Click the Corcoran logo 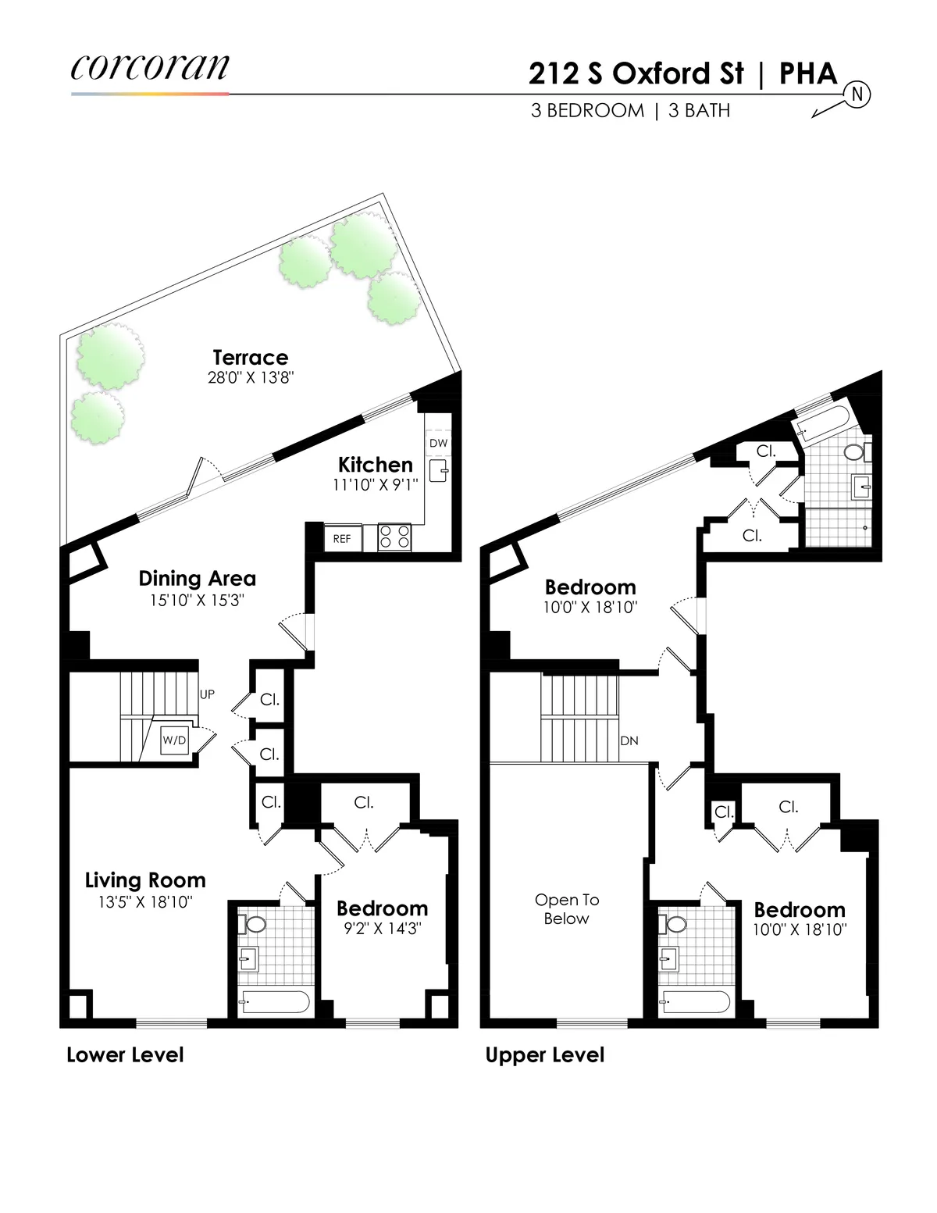pyautogui.click(x=150, y=68)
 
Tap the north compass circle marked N pyautogui.click(x=857, y=95)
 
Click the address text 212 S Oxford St pyautogui.click(x=636, y=73)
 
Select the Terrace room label pyautogui.click(x=251, y=358)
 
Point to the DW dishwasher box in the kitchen pyautogui.click(x=438, y=443)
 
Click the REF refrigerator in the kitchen pyautogui.click(x=342, y=538)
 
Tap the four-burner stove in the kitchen pyautogui.click(x=394, y=537)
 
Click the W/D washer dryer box pyautogui.click(x=174, y=740)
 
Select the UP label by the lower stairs pyautogui.click(x=207, y=694)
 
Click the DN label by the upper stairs pyautogui.click(x=629, y=740)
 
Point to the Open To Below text pyautogui.click(x=567, y=909)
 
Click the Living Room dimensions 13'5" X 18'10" pyautogui.click(x=145, y=902)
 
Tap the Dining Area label pyautogui.click(x=197, y=579)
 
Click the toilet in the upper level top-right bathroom pyautogui.click(x=854, y=452)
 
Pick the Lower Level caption pyautogui.click(x=125, y=1055)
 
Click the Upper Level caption pyautogui.click(x=545, y=1055)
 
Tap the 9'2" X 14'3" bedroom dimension pyautogui.click(x=383, y=929)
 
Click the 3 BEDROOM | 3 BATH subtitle pyautogui.click(x=630, y=111)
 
